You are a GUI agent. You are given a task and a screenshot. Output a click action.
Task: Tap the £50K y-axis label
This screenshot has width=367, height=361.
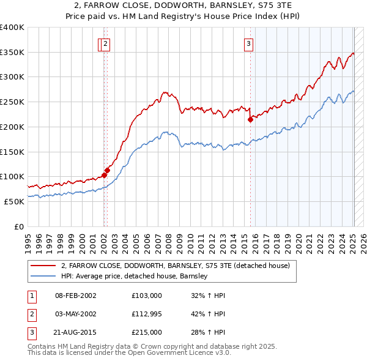point(15,201)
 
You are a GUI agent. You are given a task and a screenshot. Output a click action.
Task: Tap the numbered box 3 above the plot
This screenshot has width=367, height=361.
point(249,43)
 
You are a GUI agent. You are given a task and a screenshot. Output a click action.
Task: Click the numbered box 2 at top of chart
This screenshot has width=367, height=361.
point(106,43)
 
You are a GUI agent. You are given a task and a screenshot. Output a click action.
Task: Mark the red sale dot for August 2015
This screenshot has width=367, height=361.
point(250,120)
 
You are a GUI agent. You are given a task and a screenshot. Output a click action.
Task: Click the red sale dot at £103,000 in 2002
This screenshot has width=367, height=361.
point(104,175)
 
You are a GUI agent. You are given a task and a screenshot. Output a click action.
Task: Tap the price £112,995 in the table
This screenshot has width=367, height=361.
point(147,314)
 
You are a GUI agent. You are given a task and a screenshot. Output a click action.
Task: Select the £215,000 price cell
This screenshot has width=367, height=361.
point(147,332)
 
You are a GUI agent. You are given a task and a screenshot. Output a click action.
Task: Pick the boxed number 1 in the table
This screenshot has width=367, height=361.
point(31,296)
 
